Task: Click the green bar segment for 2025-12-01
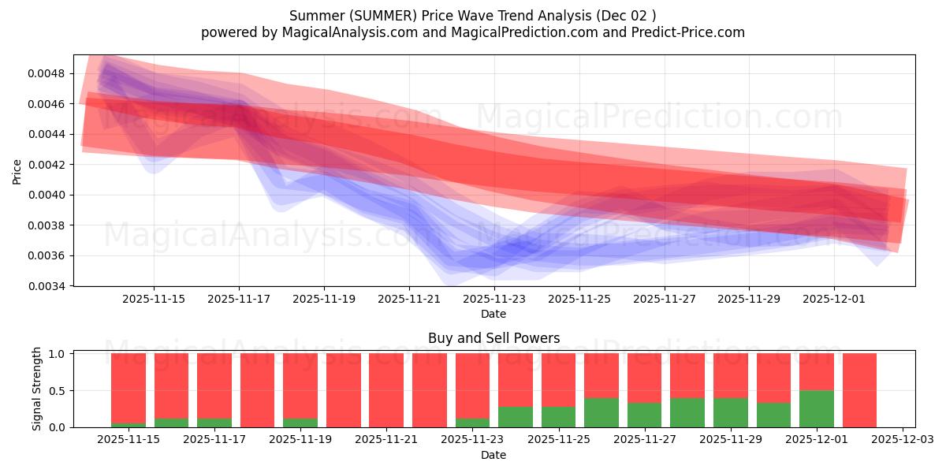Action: (x=817, y=408)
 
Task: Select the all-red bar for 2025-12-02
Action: (x=859, y=390)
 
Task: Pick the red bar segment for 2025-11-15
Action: (x=128, y=388)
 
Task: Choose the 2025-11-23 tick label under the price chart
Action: (x=494, y=299)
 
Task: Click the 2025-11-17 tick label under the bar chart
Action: (x=214, y=440)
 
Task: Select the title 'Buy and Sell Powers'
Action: (x=493, y=338)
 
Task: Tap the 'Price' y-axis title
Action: (x=17, y=171)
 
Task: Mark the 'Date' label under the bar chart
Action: (x=493, y=455)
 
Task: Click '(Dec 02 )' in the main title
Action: (x=625, y=16)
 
